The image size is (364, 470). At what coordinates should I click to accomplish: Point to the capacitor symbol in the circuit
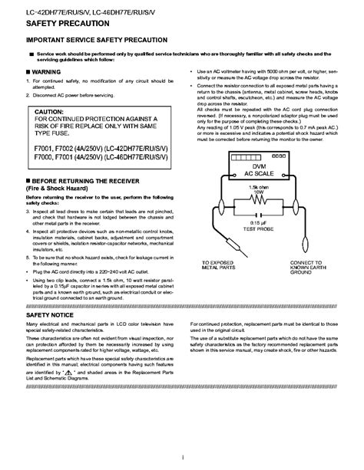(x=263, y=215)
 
